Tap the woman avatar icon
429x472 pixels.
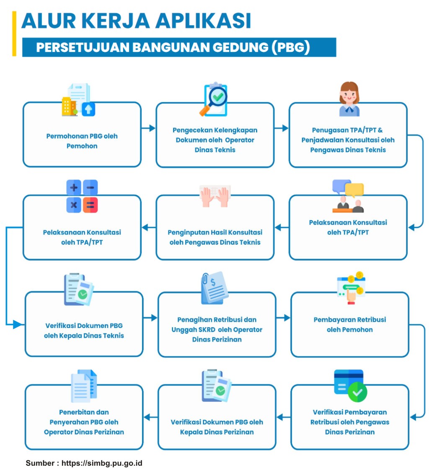pyautogui.click(x=349, y=99)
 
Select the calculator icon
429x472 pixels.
pyautogui.click(x=82, y=196)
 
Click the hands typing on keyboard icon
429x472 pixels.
pyautogui.click(x=215, y=196)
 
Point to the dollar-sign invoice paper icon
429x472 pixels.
pyautogui.click(x=214, y=288)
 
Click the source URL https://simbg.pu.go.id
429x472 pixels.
pyautogui.click(x=102, y=463)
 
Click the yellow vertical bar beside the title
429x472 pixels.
pyautogui.click(x=14, y=33)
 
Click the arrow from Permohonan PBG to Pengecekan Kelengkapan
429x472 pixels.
pyautogui.click(x=148, y=128)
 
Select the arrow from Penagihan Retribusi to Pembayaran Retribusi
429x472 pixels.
pyautogui.click(x=283, y=318)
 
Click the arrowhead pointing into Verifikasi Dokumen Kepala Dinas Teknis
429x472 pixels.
pyautogui.click(x=18, y=324)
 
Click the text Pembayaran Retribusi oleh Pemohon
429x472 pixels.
pyautogui.click(x=350, y=325)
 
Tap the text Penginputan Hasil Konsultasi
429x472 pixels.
pyautogui.click(x=215, y=232)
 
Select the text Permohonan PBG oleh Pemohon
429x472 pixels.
pyautogui.click(x=82, y=141)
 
